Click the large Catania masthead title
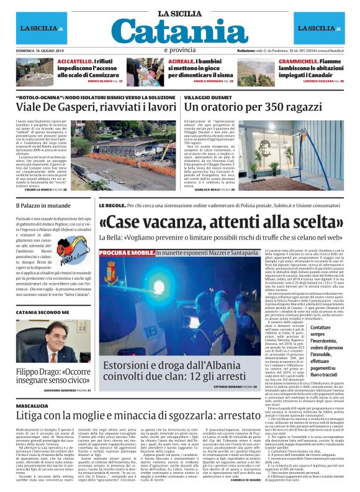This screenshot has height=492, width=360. [180, 30]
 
